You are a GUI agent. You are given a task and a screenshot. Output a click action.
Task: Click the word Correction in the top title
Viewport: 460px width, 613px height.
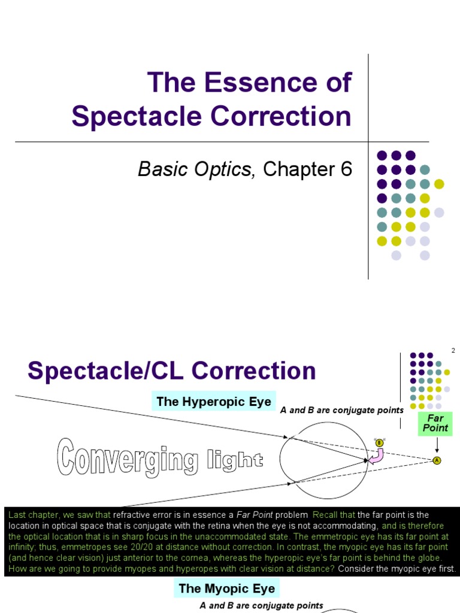point(285,116)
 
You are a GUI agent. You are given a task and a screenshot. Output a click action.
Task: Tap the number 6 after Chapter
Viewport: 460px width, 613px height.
point(346,169)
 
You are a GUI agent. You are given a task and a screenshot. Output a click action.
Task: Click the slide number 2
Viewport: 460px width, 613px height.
point(453,351)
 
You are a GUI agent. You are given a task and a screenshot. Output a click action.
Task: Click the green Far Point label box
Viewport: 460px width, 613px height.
point(435,423)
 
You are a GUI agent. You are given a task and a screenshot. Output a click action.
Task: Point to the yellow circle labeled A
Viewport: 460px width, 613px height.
point(437,460)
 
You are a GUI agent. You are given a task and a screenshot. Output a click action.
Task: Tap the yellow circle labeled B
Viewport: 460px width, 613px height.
point(379,442)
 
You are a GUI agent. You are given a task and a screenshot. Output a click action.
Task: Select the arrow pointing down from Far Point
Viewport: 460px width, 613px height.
point(437,445)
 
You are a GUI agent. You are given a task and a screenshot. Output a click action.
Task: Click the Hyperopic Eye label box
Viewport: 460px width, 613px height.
point(214,401)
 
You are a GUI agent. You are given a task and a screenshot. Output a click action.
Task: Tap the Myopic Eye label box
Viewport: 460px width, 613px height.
point(227,588)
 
